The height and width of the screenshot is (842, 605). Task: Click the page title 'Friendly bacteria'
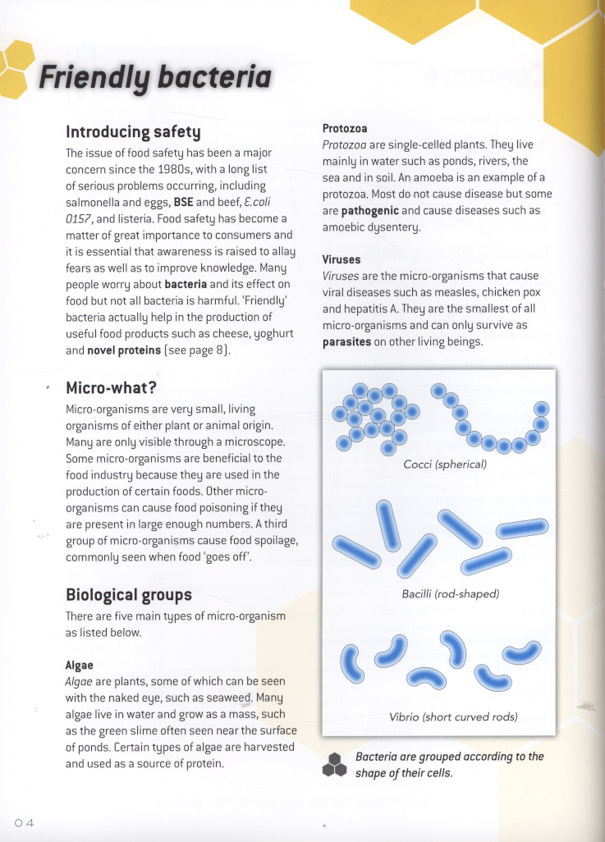click(x=155, y=79)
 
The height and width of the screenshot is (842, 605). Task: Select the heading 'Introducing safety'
click(x=133, y=131)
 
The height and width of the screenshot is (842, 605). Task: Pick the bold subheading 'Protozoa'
click(x=345, y=129)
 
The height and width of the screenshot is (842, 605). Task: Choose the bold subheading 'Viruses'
click(x=341, y=260)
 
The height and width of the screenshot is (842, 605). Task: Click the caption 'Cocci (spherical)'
click(x=445, y=464)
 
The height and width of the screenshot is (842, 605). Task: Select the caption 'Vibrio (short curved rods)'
click(x=453, y=716)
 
